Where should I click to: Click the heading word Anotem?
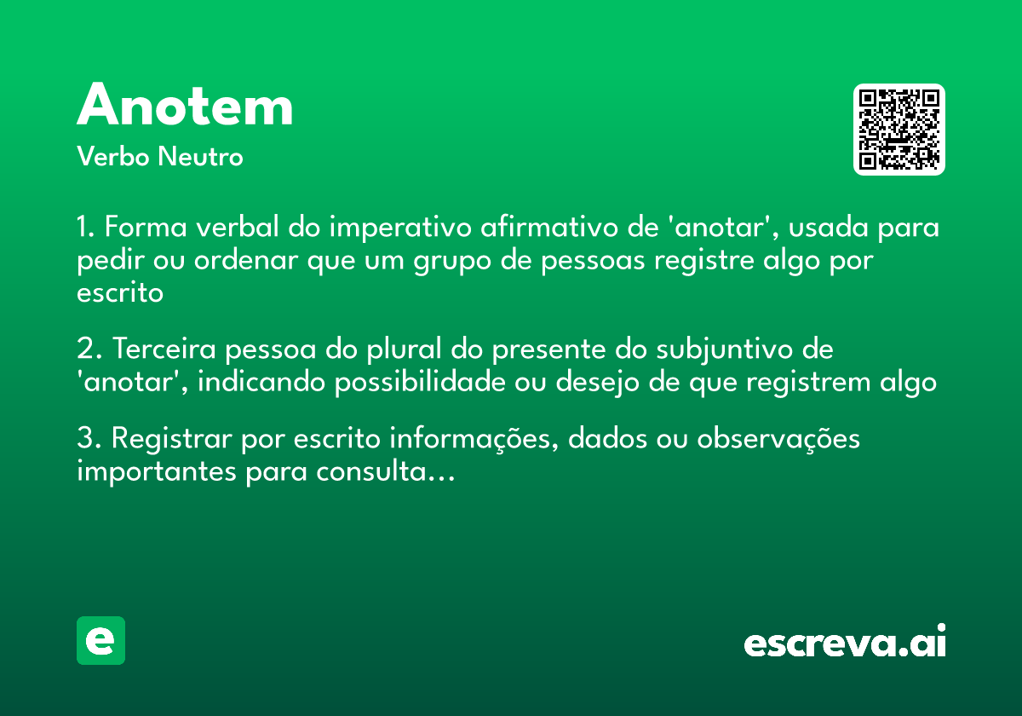pos(185,107)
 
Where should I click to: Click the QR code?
pos(899,130)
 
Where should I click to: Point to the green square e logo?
pos(100,640)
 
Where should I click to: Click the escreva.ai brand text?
pos(845,643)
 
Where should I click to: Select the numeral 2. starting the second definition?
pos(89,349)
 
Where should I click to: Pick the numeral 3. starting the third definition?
pos(89,439)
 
